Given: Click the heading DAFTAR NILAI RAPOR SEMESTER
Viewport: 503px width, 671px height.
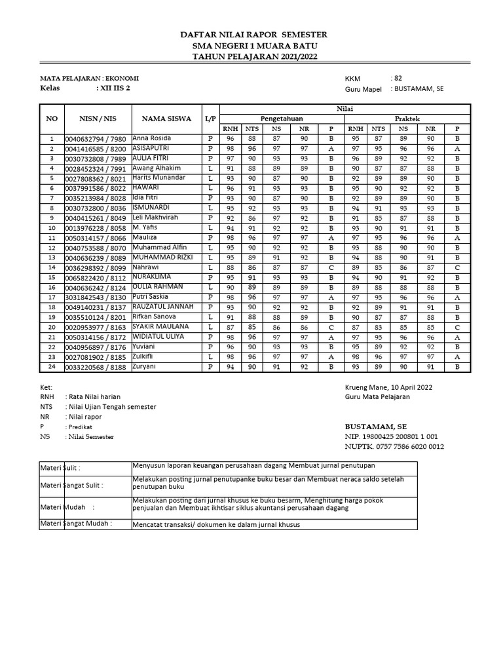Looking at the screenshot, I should [x=254, y=34].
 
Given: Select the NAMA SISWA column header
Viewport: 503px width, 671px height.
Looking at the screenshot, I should [x=166, y=119].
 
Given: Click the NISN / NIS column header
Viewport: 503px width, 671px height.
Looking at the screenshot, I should [x=98, y=119].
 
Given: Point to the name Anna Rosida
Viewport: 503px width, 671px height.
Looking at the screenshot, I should [x=151, y=138].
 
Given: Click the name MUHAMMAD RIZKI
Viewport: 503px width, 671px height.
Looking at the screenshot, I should [x=162, y=258].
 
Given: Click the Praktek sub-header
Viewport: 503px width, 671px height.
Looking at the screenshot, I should [x=407, y=119].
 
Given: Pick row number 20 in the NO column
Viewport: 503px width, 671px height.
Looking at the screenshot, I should [x=51, y=328].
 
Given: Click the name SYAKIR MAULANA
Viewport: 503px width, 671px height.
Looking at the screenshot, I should [x=160, y=326].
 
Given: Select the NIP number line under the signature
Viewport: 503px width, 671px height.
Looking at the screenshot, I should [x=391, y=436].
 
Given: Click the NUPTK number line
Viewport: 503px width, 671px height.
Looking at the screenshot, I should [x=394, y=446].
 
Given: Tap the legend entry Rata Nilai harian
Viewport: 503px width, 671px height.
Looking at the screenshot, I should [x=93, y=397].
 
